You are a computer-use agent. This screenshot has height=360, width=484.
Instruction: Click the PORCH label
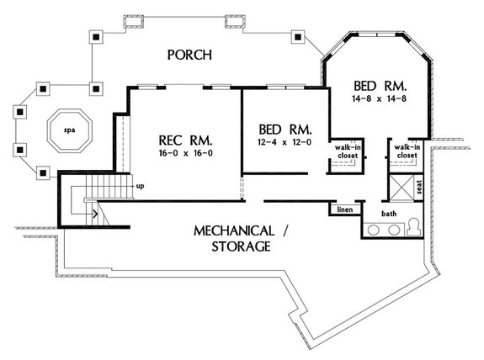click(x=189, y=56)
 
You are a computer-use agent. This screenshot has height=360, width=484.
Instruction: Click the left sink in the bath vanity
click(x=373, y=229)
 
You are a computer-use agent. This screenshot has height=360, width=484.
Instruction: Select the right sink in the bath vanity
click(x=393, y=229)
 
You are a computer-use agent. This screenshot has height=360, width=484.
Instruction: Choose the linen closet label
click(x=344, y=209)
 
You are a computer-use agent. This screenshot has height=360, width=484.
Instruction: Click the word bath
click(x=389, y=214)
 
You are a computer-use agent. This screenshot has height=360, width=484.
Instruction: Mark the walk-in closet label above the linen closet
click(x=345, y=151)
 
